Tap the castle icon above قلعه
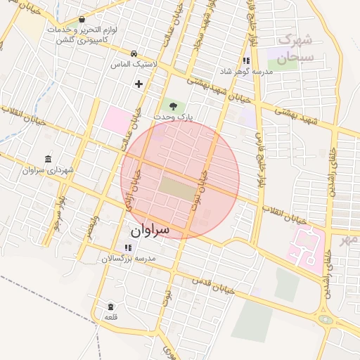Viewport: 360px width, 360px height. [x=111, y=306]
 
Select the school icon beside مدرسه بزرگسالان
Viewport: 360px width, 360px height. [x=127, y=248]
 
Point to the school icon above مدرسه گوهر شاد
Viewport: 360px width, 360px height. [x=246, y=61]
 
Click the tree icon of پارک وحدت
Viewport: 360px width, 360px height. [x=173, y=105]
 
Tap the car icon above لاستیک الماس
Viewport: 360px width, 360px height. [x=134, y=53]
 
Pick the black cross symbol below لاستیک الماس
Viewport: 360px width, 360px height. [x=139, y=84]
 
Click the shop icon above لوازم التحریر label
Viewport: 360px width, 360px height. [x=82, y=20]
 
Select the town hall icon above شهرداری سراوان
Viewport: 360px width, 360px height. [x=47, y=159]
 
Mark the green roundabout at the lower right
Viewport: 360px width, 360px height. [x=326, y=319]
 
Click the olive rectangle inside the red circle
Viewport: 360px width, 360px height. [x=179, y=188]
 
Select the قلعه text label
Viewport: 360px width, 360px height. [x=111, y=318]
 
